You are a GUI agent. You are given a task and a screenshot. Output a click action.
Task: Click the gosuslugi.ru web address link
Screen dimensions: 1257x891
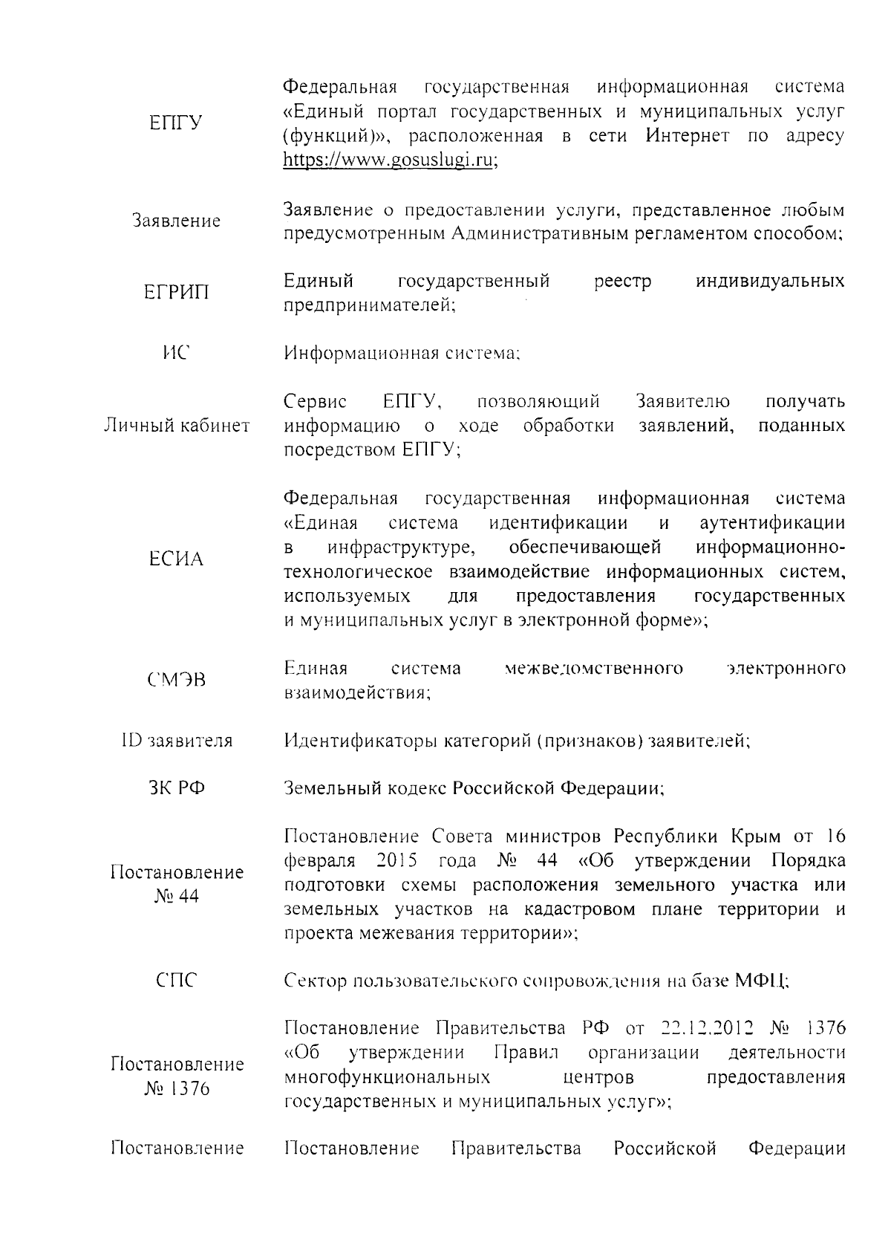391,160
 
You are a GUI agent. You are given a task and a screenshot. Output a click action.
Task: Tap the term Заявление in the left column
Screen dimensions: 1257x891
176,221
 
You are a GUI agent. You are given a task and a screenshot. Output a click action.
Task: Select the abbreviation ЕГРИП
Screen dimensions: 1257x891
176,293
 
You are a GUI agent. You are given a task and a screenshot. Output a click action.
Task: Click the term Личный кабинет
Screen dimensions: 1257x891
176,426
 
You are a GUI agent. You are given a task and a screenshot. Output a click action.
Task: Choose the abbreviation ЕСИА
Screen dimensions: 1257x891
176,559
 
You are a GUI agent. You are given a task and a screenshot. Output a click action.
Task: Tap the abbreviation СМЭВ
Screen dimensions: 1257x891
176,681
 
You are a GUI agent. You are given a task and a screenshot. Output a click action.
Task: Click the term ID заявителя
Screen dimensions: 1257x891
176,741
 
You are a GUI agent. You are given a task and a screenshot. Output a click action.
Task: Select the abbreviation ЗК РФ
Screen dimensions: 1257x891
176,788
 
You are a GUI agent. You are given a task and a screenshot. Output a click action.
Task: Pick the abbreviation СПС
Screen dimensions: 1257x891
176,981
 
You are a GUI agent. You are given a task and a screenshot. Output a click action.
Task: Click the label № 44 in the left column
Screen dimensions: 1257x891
177,897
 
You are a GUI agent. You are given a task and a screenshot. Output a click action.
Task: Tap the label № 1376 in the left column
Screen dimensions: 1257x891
177,1089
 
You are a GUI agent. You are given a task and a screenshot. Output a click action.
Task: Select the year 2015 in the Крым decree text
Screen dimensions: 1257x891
396,860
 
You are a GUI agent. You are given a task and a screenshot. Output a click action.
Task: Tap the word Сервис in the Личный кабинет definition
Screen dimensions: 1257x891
316,402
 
